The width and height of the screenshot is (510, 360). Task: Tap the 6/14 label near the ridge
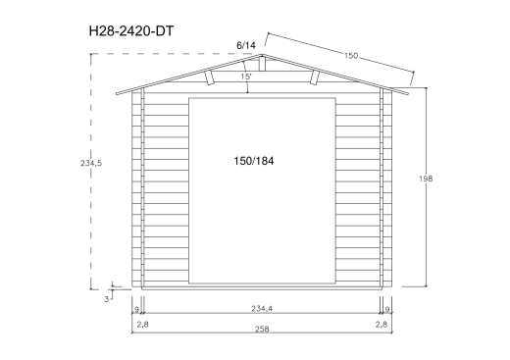245,45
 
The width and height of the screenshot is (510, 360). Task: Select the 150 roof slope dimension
349,56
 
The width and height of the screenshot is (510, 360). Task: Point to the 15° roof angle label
245,76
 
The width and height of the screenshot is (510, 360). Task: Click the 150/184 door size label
253,160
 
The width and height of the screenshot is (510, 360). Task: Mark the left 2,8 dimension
141,323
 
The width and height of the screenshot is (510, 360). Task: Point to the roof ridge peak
260,56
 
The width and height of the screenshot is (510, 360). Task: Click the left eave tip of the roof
117,94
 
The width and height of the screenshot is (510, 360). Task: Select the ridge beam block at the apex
260,64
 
